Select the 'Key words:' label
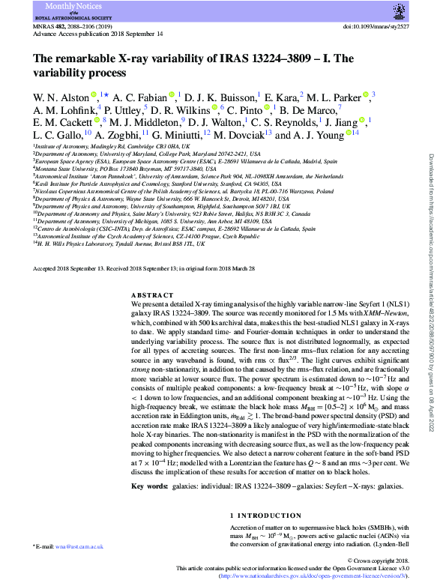148,487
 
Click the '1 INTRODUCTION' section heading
259,515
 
